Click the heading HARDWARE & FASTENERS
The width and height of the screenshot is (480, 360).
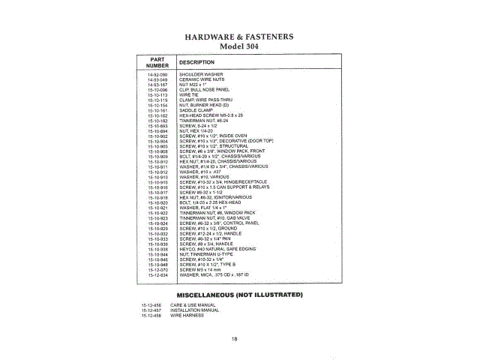click(x=239, y=36)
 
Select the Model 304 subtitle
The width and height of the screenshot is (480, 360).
click(x=239, y=46)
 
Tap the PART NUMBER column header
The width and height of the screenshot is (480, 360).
click(x=157, y=62)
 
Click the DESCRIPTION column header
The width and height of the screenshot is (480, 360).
click(x=197, y=62)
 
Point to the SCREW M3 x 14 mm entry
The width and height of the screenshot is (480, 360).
click(x=200, y=270)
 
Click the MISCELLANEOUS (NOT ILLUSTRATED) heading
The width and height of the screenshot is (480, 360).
click(x=239, y=294)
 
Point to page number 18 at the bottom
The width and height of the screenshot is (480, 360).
click(x=235, y=339)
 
